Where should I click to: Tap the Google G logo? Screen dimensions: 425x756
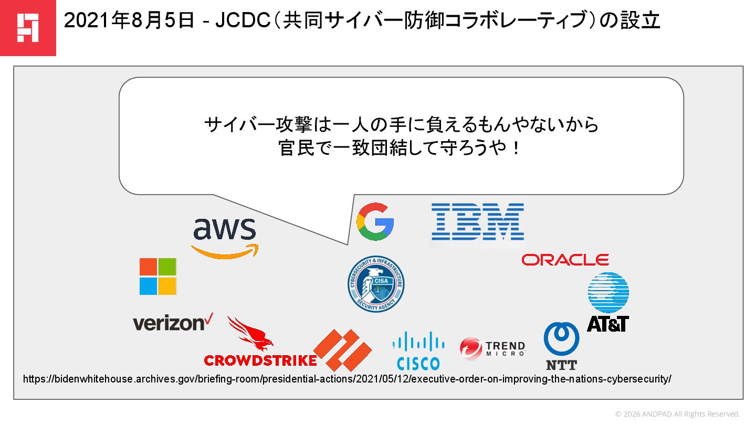[x=375, y=221]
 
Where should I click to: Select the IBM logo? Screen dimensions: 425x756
[x=477, y=222]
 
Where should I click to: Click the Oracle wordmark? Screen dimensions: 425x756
[x=565, y=259]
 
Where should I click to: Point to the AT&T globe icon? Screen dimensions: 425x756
[x=608, y=293]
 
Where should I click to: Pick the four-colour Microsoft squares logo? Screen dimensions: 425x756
[x=158, y=277]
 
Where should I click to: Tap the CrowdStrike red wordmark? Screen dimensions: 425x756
[x=260, y=360]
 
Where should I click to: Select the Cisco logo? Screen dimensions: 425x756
[x=418, y=351]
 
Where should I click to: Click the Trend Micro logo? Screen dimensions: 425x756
[x=492, y=348]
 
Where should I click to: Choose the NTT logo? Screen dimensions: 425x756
[x=561, y=346]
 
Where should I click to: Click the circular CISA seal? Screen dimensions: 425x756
[x=376, y=284]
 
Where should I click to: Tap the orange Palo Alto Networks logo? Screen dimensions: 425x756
[x=343, y=350]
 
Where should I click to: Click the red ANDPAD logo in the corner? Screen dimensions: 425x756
[x=28, y=28]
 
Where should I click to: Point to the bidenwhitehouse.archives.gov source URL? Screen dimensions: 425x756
[x=347, y=379]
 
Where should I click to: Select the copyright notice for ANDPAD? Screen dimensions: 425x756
[x=677, y=414]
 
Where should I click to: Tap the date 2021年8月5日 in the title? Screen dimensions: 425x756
[x=129, y=22]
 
